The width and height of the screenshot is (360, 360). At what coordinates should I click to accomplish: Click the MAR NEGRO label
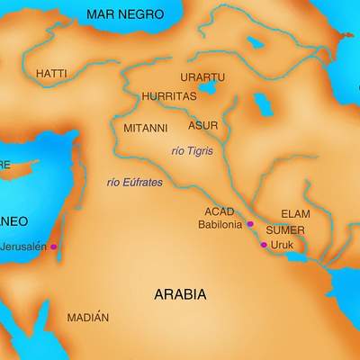(125, 14)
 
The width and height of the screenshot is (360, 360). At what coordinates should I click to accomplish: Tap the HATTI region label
(51, 73)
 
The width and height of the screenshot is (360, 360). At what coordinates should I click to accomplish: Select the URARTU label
(202, 77)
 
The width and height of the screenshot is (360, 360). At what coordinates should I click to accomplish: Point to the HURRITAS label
(168, 95)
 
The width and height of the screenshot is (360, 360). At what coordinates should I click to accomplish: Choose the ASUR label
(202, 126)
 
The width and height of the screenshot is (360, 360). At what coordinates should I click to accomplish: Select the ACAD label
(219, 211)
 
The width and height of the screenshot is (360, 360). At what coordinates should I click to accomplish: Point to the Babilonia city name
(220, 224)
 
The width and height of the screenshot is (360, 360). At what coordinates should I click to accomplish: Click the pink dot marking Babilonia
(250, 224)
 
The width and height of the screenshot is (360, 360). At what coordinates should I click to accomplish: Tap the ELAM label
(295, 214)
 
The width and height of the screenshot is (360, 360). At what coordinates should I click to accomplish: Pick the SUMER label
(285, 230)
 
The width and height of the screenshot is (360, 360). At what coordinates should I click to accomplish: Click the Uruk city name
(283, 245)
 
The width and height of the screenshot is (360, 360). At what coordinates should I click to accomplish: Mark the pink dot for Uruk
(264, 245)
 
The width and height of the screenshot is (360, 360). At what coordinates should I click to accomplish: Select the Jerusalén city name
(23, 247)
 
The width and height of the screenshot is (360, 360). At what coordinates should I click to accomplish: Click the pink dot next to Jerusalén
(54, 247)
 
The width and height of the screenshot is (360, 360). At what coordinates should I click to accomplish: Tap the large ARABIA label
(180, 294)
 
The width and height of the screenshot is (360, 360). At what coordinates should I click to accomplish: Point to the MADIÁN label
(88, 318)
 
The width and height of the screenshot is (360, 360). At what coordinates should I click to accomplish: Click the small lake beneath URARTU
(209, 90)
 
